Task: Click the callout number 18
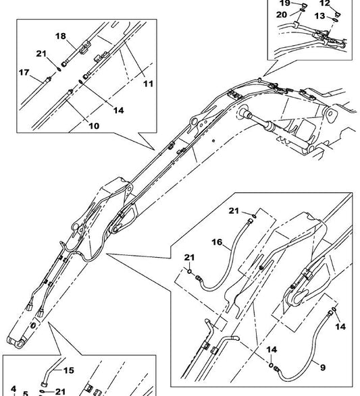(61, 36)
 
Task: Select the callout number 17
(24, 72)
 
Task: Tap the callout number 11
(148, 84)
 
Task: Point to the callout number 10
(94, 125)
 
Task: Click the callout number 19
(284, 3)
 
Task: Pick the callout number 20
(282, 15)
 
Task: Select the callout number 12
(325, 3)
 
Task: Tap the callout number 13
(319, 16)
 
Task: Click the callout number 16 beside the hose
(217, 242)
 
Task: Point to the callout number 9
(323, 368)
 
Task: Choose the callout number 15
(68, 370)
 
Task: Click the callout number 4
(14, 389)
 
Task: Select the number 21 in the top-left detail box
(41, 53)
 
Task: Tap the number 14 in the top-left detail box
(119, 110)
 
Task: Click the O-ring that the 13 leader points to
(336, 20)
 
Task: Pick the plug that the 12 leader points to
(338, 14)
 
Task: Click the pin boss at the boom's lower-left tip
(19, 343)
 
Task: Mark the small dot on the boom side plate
(213, 141)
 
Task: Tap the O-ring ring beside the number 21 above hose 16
(254, 215)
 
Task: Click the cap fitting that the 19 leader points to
(305, 5)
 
